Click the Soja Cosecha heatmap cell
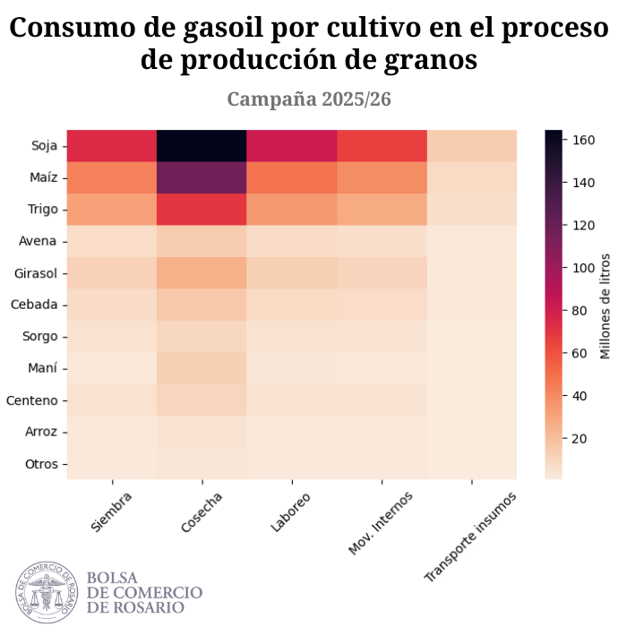(x=202, y=145)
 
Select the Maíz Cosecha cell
(x=202, y=177)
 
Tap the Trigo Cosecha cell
(x=202, y=209)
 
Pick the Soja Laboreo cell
(x=292, y=145)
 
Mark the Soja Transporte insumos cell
(x=472, y=145)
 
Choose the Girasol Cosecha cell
(x=202, y=272)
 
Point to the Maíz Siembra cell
(x=111, y=177)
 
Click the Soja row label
(x=43, y=145)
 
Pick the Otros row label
(x=41, y=464)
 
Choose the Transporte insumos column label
(x=470, y=535)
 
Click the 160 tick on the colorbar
(x=584, y=140)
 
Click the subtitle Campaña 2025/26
(x=308, y=99)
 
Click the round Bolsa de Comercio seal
(x=47, y=592)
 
